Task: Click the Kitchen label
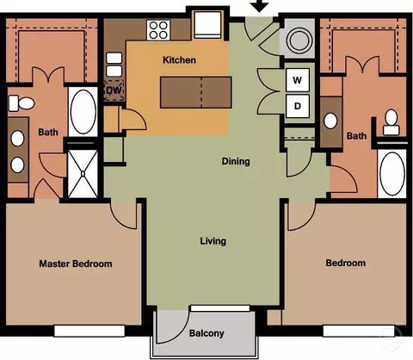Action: (x=179, y=60)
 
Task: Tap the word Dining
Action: (x=236, y=161)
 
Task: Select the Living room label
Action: (x=213, y=241)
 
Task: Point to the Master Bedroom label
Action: (x=76, y=264)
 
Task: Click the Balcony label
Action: (x=206, y=333)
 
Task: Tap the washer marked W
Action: (x=298, y=80)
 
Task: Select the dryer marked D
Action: (x=298, y=106)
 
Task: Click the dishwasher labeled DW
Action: (x=114, y=90)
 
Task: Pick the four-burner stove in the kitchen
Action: (x=158, y=30)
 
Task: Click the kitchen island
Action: (x=195, y=92)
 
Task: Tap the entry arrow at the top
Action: (x=260, y=6)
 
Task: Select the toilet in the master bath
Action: (x=22, y=103)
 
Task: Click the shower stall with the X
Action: (x=83, y=174)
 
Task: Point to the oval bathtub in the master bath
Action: (x=83, y=112)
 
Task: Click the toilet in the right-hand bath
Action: (x=391, y=122)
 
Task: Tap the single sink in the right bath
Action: (x=330, y=121)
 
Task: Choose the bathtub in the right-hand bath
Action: (x=391, y=174)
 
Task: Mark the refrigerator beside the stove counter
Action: (x=208, y=25)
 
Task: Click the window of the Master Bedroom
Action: (x=89, y=331)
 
